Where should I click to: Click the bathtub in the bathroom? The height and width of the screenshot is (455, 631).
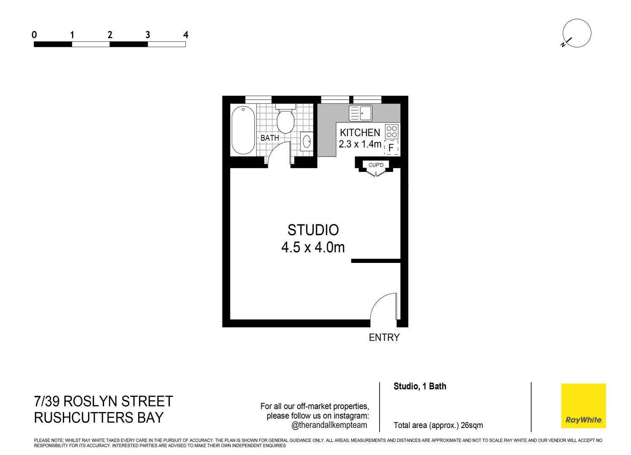click(243, 130)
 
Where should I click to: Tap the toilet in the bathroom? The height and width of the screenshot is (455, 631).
click(286, 120)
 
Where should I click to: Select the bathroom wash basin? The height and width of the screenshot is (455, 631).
click(307, 142)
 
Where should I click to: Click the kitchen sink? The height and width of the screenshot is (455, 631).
click(361, 113)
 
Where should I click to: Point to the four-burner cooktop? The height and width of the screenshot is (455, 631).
click(392, 131)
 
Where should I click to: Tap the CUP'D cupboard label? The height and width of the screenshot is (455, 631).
click(376, 165)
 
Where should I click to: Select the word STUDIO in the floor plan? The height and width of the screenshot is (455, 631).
click(313, 230)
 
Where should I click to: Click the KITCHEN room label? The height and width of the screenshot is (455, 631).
click(360, 133)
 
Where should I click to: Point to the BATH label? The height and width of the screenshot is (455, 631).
click(270, 138)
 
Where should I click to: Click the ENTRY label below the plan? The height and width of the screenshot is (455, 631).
click(384, 337)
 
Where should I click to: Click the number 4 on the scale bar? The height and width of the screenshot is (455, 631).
click(185, 35)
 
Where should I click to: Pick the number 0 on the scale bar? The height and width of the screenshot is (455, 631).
click(34, 35)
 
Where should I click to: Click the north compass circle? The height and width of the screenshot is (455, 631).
click(577, 33)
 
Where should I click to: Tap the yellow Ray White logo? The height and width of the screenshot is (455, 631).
click(583, 406)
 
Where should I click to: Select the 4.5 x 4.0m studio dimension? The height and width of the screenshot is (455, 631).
click(313, 247)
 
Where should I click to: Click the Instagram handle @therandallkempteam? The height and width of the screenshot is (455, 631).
click(329, 425)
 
